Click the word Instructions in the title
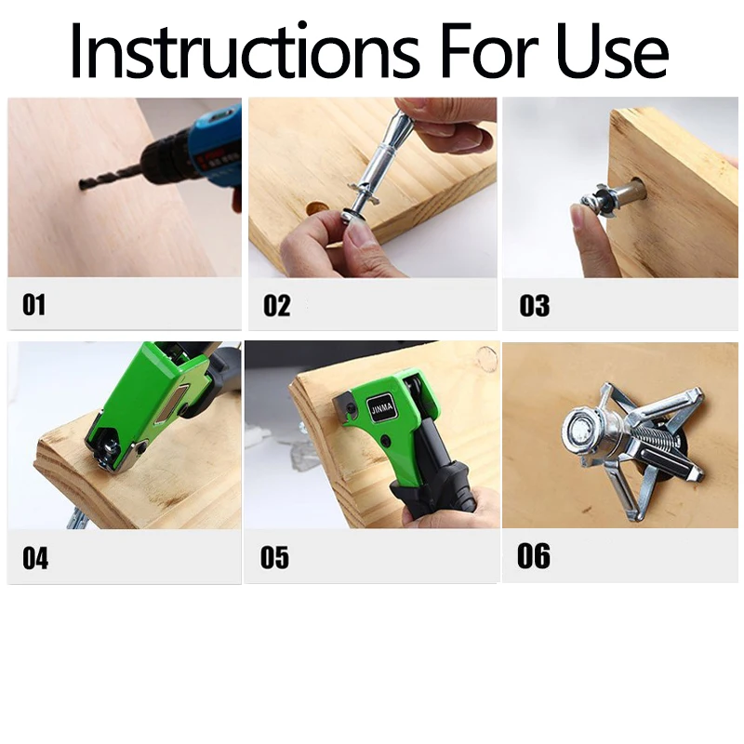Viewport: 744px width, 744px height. click(245, 49)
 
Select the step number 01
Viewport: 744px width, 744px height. click(34, 305)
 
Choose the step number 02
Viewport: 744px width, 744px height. click(276, 305)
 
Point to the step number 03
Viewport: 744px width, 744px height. click(534, 305)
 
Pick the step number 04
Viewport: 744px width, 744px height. click(35, 558)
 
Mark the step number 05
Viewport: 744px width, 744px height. click(274, 557)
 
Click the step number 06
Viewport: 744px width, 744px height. click(533, 555)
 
